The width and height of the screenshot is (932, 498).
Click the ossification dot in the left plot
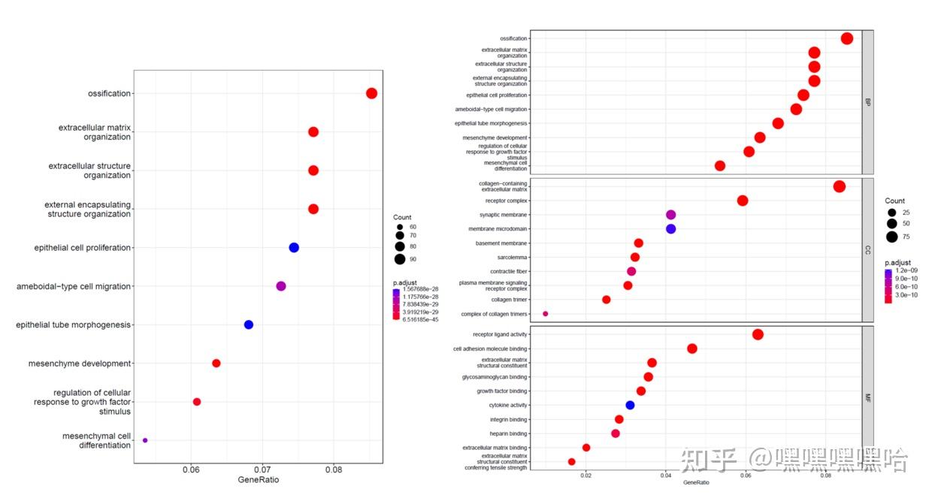click(x=371, y=93)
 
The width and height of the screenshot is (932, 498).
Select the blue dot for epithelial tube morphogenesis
click(x=249, y=324)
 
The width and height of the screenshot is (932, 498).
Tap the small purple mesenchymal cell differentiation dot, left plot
click(x=145, y=440)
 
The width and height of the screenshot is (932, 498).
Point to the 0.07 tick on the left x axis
click(x=262, y=470)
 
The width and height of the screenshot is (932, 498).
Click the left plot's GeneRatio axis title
click(x=259, y=480)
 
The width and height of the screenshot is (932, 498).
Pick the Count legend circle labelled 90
click(x=400, y=259)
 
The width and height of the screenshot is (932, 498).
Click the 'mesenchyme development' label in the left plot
click(x=80, y=364)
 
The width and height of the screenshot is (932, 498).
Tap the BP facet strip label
click(x=868, y=101)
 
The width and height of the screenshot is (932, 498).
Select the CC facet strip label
click(x=868, y=249)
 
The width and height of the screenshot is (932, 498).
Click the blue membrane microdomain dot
click(x=671, y=229)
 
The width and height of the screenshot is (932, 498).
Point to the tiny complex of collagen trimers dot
click(x=546, y=314)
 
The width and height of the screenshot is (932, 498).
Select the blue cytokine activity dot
click(x=630, y=406)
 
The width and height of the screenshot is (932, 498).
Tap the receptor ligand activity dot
click(x=758, y=334)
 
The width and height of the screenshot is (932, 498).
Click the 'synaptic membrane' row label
click(x=504, y=215)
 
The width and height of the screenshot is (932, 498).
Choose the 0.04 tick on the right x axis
click(x=666, y=475)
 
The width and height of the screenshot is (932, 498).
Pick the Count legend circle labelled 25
click(x=891, y=213)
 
